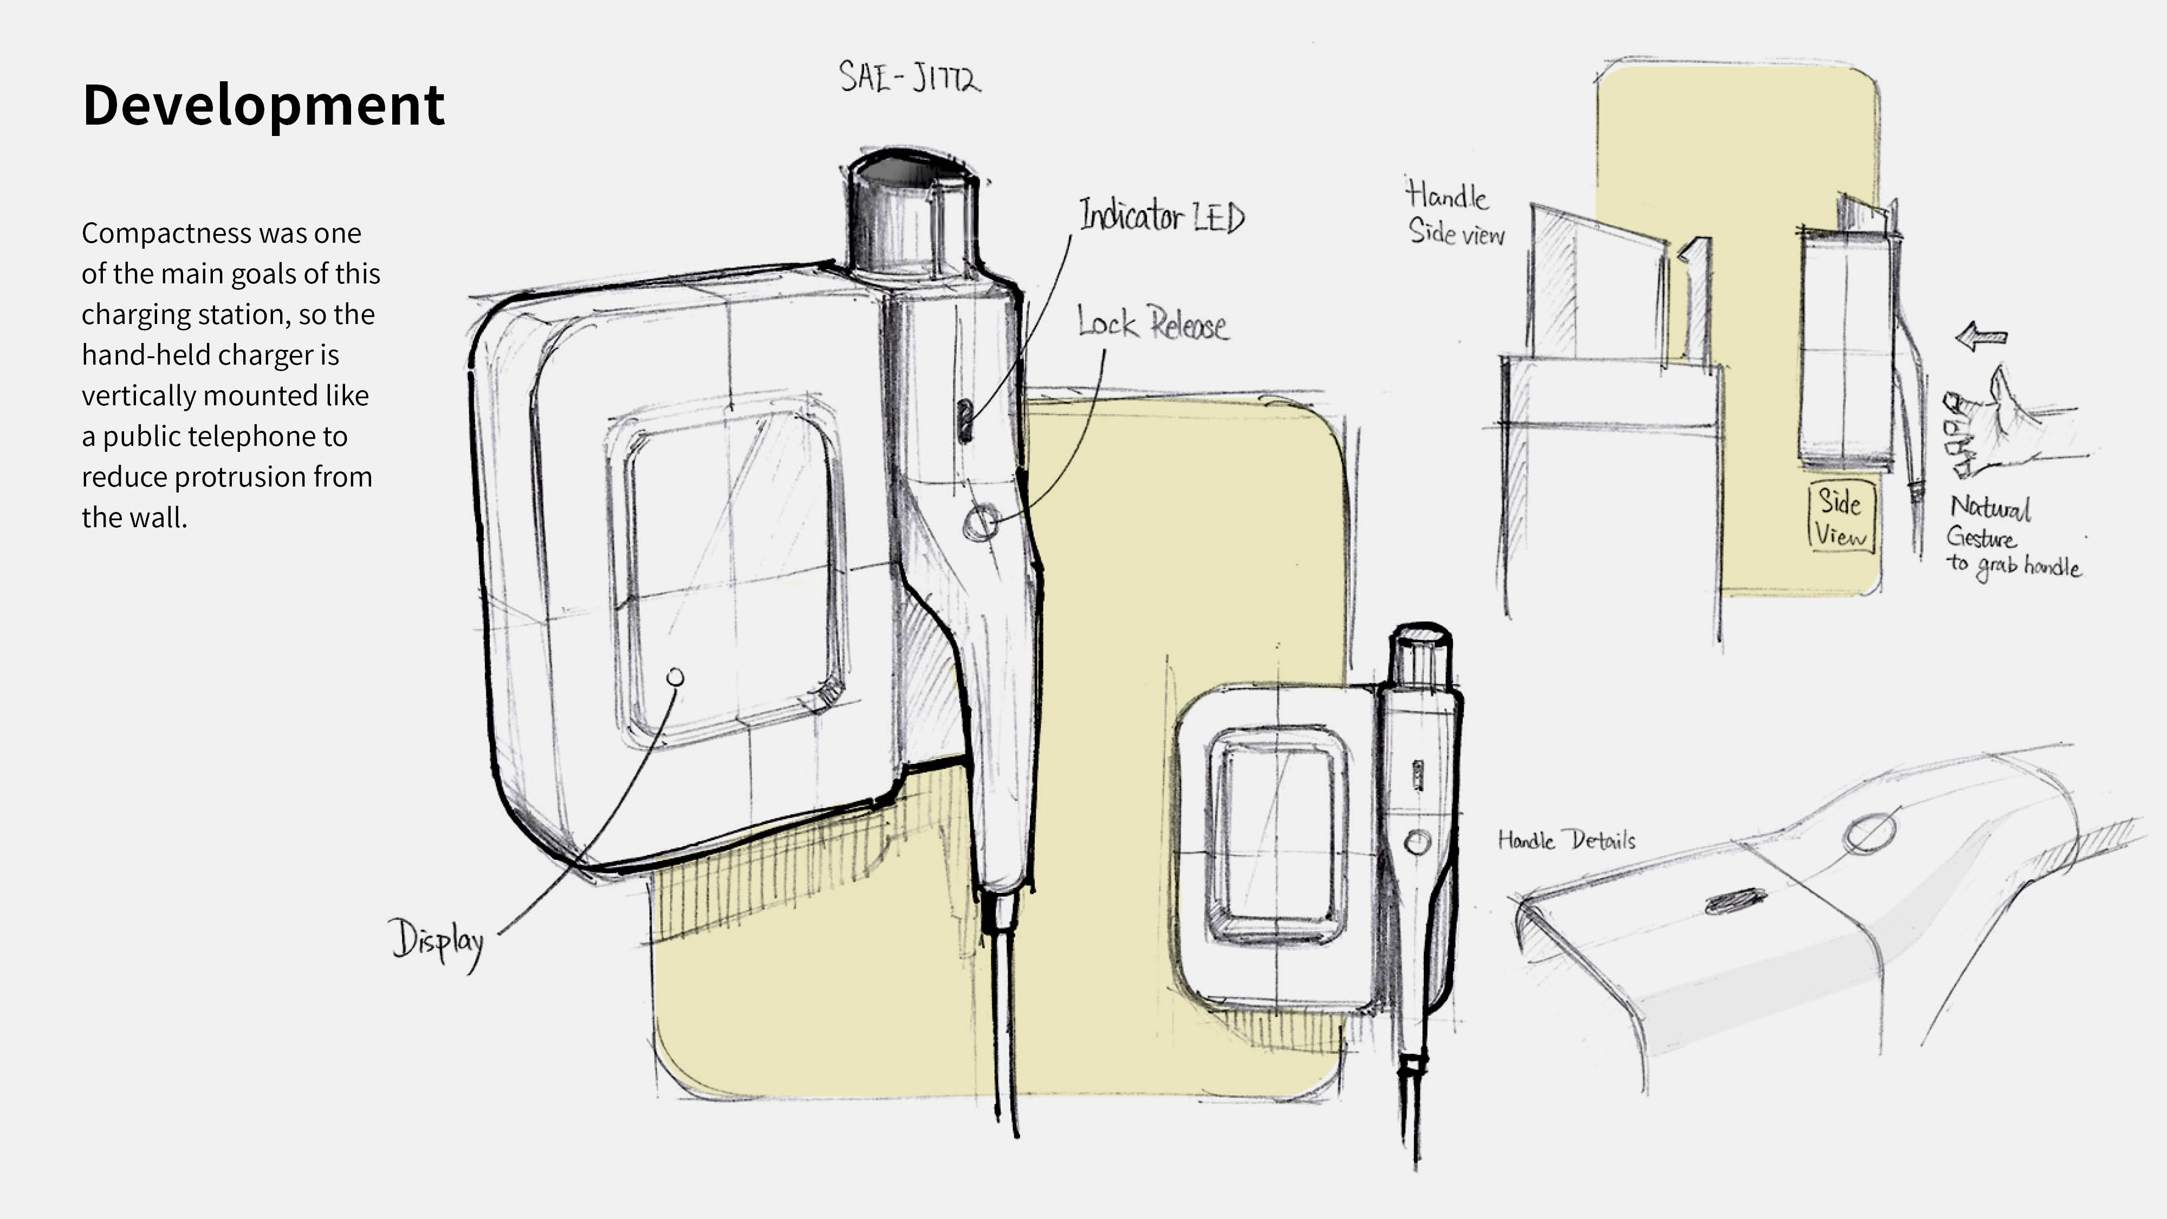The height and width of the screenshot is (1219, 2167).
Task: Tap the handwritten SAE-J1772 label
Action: click(910, 77)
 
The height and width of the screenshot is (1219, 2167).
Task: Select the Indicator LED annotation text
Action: click(1162, 216)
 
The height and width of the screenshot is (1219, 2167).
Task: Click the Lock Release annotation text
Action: click(1152, 324)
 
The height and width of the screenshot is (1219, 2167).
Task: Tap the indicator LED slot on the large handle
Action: click(965, 420)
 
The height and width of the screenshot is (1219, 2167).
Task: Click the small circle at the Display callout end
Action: click(674, 677)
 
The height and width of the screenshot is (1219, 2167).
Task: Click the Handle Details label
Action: click(1566, 840)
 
